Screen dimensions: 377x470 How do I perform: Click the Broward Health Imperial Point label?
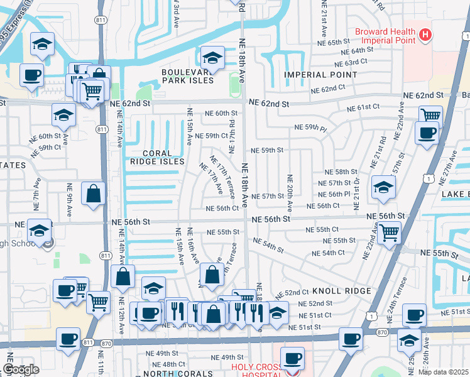[x=385, y=36]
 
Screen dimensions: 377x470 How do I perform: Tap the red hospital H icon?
[x=426, y=35]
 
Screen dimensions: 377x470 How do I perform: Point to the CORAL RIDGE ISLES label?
[x=154, y=156]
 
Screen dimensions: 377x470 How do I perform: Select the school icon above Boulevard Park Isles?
[x=213, y=58]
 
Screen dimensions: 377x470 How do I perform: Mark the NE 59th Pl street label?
[x=310, y=128]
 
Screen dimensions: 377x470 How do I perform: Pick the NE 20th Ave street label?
[x=290, y=193]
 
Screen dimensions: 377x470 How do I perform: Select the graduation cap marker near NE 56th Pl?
[x=383, y=187]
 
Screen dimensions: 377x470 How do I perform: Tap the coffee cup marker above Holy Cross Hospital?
[x=292, y=358]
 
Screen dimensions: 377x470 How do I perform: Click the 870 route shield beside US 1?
[x=381, y=332]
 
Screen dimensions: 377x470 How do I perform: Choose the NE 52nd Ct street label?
[x=296, y=292]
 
